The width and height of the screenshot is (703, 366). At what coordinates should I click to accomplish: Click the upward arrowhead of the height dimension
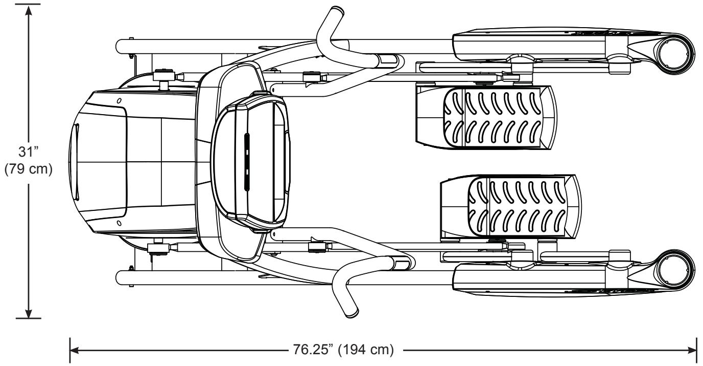pyautogui.click(x=29, y=11)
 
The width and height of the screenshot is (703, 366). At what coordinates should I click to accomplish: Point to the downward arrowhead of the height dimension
pyautogui.click(x=29, y=312)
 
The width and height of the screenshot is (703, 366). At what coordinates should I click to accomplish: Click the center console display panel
pyautogui.click(x=250, y=161)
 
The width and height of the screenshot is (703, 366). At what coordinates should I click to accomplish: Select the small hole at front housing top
pyautogui.click(x=119, y=101)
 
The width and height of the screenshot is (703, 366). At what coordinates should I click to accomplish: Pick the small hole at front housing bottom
pyautogui.click(x=119, y=223)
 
